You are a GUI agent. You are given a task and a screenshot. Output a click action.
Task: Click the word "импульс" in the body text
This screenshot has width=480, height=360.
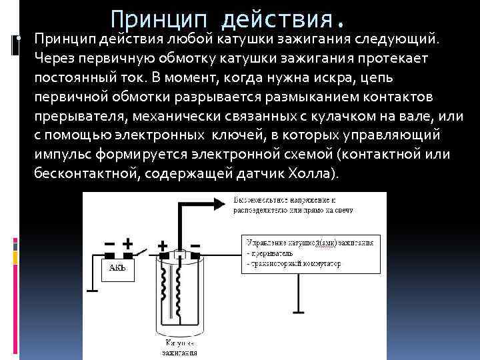coord(61,154)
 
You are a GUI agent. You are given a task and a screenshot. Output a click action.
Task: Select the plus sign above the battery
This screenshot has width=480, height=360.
coord(127,244)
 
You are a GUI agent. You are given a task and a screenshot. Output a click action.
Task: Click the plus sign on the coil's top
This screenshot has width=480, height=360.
coord(162,246)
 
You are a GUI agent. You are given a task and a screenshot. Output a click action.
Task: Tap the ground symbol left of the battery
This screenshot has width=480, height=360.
coord(91,291)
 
